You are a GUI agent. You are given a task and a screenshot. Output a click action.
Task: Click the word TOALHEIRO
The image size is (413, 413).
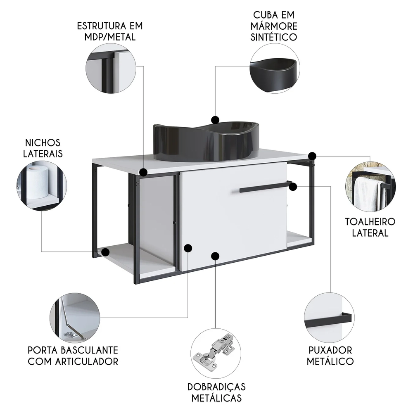(370, 221)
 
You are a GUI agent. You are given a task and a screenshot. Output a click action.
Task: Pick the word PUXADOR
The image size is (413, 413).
(330, 351)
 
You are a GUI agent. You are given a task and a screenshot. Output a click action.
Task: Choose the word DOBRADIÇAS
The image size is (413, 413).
(216, 387)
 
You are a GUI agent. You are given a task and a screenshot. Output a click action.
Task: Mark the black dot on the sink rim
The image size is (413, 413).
(215, 120)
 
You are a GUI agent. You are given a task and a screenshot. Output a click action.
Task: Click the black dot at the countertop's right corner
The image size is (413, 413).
(312, 156)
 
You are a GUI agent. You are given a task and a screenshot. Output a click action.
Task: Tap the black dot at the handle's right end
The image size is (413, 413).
(293, 187)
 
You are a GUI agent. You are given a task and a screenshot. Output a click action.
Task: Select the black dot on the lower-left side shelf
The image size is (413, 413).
(106, 251)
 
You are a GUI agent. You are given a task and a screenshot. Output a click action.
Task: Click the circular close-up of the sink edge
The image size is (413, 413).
(275, 68)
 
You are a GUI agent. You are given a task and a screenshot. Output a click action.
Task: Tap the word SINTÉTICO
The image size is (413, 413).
(275, 37)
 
